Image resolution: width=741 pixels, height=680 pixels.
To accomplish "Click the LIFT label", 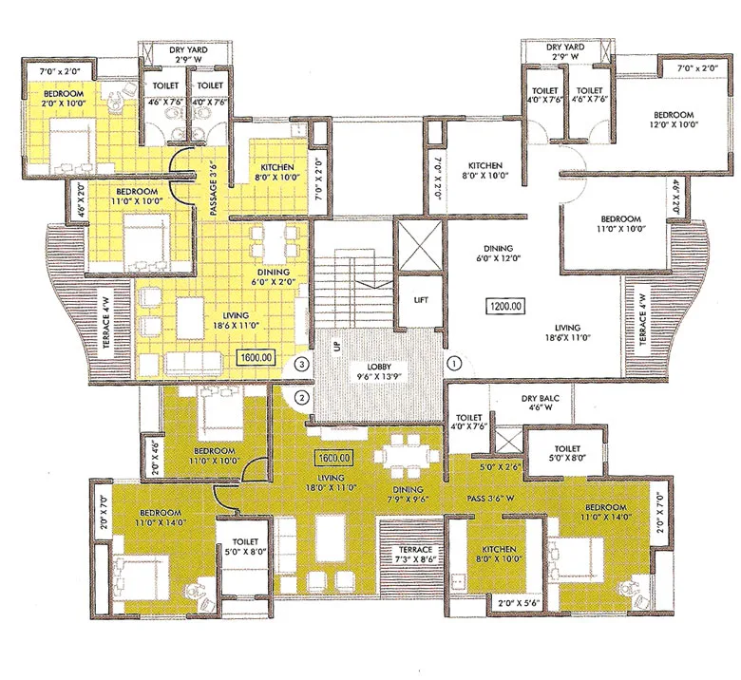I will pos(421,300).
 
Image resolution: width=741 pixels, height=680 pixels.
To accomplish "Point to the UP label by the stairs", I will pos(335,349).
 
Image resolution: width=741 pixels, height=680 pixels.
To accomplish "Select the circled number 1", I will pos(454,362).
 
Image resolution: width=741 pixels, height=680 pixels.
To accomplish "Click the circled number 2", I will pos(302,396).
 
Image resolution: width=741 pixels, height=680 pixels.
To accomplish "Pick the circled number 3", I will pos(302,363).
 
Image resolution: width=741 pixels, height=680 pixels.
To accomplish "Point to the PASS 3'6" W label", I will pos(490,498).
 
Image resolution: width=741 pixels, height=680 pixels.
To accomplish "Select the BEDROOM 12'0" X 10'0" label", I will pos(674,118).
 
